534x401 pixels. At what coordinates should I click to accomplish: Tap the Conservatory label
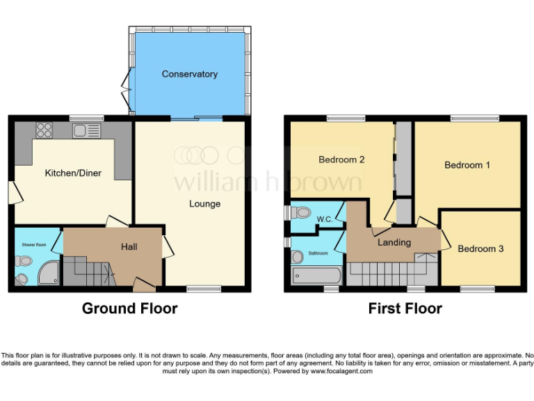click(190, 74)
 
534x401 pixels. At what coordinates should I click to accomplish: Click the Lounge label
click(204, 204)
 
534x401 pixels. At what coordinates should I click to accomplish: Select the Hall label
click(129, 247)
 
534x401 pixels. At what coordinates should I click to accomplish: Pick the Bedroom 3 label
click(480, 249)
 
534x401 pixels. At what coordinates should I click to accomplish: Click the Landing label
click(394, 243)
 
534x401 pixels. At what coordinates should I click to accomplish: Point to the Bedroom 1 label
click(467, 165)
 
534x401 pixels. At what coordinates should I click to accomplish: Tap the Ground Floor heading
click(129, 308)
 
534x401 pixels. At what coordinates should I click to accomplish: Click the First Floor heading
click(405, 308)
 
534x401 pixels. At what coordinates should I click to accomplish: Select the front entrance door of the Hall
click(144, 285)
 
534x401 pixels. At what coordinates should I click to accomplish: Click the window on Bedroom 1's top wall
click(474, 118)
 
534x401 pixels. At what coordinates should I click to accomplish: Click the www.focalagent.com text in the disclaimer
click(341, 371)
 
